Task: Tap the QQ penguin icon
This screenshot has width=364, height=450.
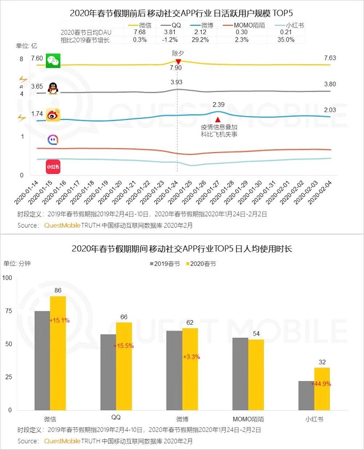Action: pos(53,88)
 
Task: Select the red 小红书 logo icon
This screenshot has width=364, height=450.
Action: pos(53,167)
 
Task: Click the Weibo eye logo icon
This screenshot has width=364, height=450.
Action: pos(53,116)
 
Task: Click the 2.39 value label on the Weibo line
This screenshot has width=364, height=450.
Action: pos(218,105)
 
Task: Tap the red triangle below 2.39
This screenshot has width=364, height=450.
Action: pos(218,119)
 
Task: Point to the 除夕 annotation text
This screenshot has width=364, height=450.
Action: pos(178,52)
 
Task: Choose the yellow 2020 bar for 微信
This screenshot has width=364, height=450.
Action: pos(58,353)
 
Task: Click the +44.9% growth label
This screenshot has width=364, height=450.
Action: pos(322,383)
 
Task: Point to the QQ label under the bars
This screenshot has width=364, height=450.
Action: pos(116,418)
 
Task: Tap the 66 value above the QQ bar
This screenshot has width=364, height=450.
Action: pos(124,317)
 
